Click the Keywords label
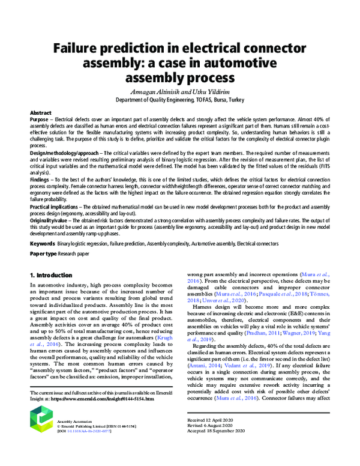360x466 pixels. click(43, 244)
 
